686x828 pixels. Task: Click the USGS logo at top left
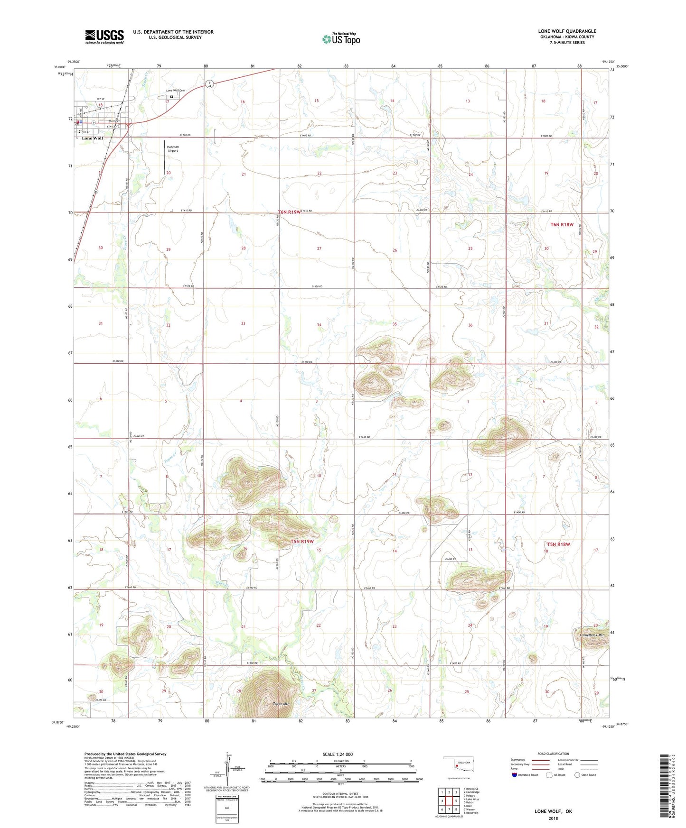(104, 37)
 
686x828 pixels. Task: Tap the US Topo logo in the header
(341, 39)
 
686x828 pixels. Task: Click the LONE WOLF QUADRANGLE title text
(567, 31)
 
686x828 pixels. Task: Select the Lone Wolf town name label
(93, 138)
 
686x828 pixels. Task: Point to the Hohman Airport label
(172, 149)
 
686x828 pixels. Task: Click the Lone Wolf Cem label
(175, 91)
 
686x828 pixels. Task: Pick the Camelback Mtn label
(592, 635)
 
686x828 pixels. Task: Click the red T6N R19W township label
(289, 212)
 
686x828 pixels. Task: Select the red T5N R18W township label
(558, 544)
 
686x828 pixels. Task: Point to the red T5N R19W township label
(302, 541)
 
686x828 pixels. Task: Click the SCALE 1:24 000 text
(338, 754)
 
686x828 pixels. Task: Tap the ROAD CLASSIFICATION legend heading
(553, 754)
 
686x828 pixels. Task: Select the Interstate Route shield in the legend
(515, 775)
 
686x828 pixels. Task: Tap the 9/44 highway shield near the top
(209, 84)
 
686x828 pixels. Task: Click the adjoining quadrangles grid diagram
(449, 801)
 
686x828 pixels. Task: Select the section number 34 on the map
(319, 325)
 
